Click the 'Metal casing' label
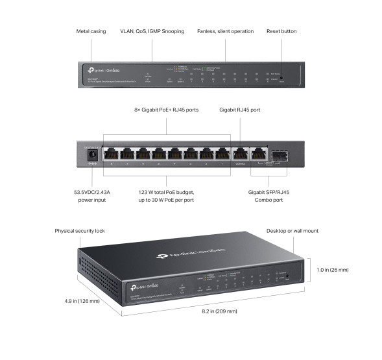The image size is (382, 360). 91,30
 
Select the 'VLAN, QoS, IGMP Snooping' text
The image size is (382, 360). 152,30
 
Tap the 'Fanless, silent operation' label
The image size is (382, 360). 226,30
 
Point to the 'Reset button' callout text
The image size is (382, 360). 281,30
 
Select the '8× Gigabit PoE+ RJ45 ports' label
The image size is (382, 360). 167,110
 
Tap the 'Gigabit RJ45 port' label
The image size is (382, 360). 240,110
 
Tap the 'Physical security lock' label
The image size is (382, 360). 80,231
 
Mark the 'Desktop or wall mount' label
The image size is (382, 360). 292,231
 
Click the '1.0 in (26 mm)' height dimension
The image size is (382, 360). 333,269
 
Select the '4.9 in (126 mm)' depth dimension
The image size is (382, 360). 82,301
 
